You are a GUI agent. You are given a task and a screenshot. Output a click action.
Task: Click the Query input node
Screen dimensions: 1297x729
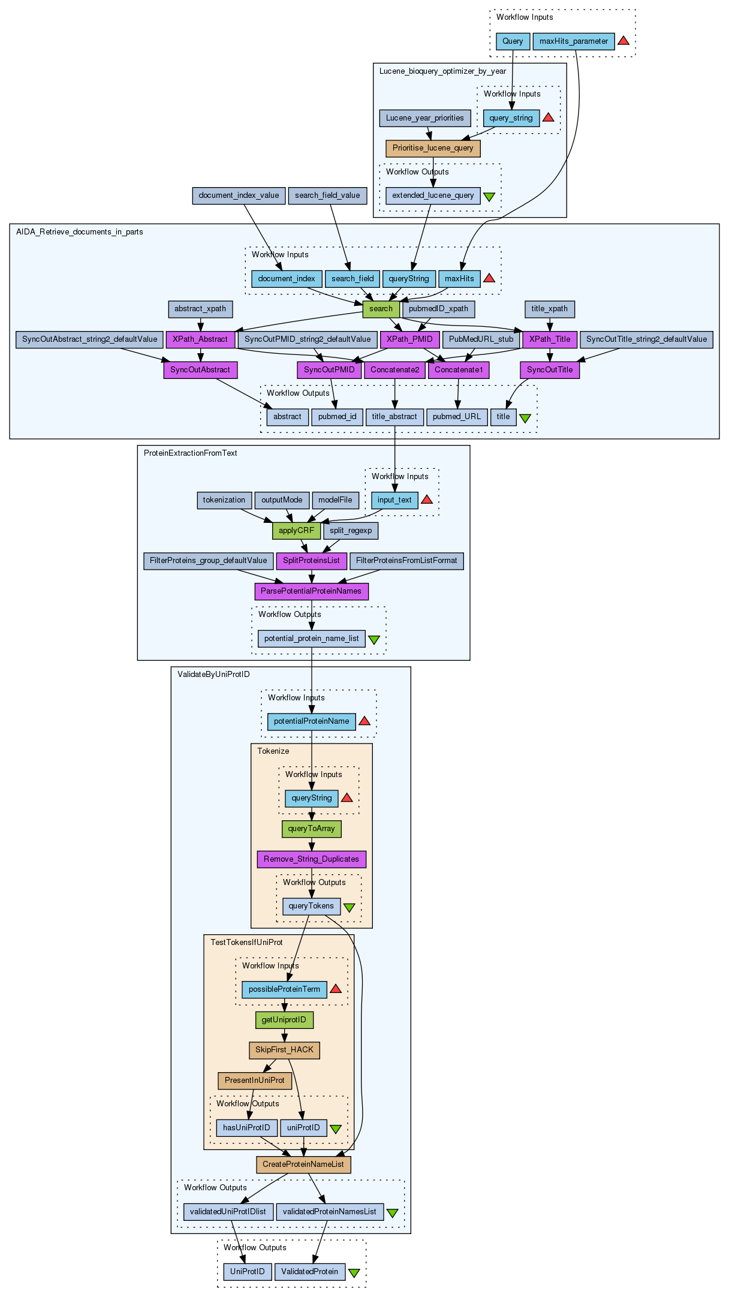click(x=513, y=41)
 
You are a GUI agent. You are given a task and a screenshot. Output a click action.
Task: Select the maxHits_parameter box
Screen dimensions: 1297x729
click(x=574, y=41)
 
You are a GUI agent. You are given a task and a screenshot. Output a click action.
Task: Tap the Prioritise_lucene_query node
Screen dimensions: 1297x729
click(x=433, y=148)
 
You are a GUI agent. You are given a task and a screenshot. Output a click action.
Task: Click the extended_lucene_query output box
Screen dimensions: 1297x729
click(x=433, y=195)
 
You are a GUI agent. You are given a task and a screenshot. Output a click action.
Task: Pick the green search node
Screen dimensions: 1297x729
click(x=381, y=309)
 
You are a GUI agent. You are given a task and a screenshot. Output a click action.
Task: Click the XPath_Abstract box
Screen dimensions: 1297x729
click(x=200, y=339)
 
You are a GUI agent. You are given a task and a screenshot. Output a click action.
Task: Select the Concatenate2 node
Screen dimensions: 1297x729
click(x=395, y=370)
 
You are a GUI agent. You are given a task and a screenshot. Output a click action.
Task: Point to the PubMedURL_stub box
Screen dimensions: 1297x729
click(x=481, y=339)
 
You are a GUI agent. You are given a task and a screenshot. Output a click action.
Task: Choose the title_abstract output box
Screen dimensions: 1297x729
click(x=394, y=417)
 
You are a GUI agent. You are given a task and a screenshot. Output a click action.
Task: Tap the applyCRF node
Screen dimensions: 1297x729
click(x=296, y=531)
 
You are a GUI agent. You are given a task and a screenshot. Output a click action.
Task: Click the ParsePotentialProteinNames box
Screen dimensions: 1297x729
click(x=311, y=591)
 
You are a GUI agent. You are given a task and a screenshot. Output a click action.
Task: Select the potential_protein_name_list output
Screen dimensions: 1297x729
click(x=312, y=639)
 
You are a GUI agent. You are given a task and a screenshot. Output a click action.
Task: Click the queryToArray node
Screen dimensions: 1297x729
click(x=311, y=829)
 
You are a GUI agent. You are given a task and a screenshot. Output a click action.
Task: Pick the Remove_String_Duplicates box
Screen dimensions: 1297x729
click(x=311, y=859)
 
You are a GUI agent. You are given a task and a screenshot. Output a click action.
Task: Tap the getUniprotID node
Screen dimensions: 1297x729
click(x=284, y=1020)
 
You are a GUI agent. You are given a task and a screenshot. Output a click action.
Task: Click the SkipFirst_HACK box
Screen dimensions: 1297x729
click(x=284, y=1050)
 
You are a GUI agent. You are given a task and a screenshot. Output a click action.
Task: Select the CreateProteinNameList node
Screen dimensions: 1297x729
click(x=303, y=1164)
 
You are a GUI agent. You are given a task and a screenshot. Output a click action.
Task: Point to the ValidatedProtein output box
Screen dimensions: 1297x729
click(x=309, y=1272)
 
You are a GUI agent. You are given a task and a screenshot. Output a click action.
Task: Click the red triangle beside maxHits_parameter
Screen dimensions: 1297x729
click(x=623, y=41)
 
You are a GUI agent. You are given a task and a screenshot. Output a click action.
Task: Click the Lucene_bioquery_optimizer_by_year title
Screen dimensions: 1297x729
click(x=442, y=71)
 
